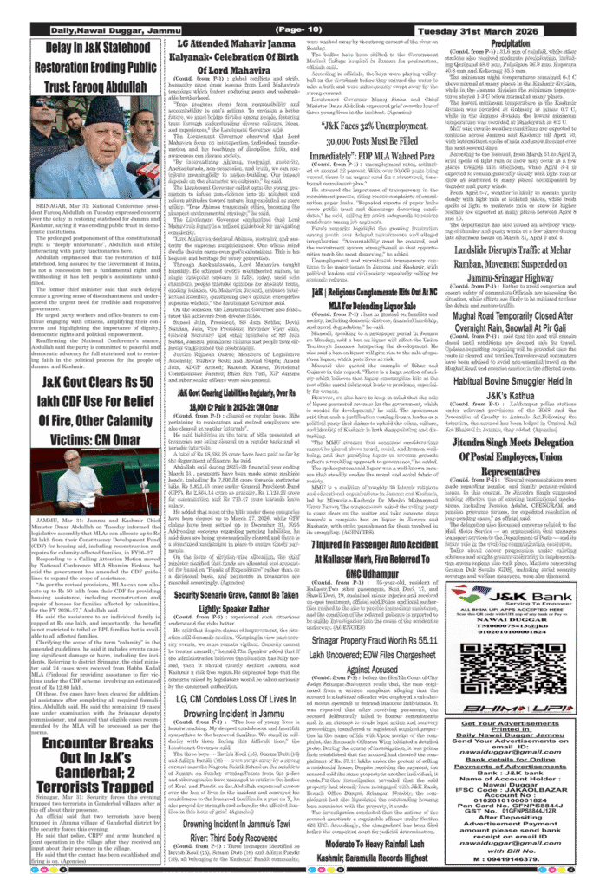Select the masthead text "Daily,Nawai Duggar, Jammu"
tap(105, 30)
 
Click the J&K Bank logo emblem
tap(473, 593)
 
